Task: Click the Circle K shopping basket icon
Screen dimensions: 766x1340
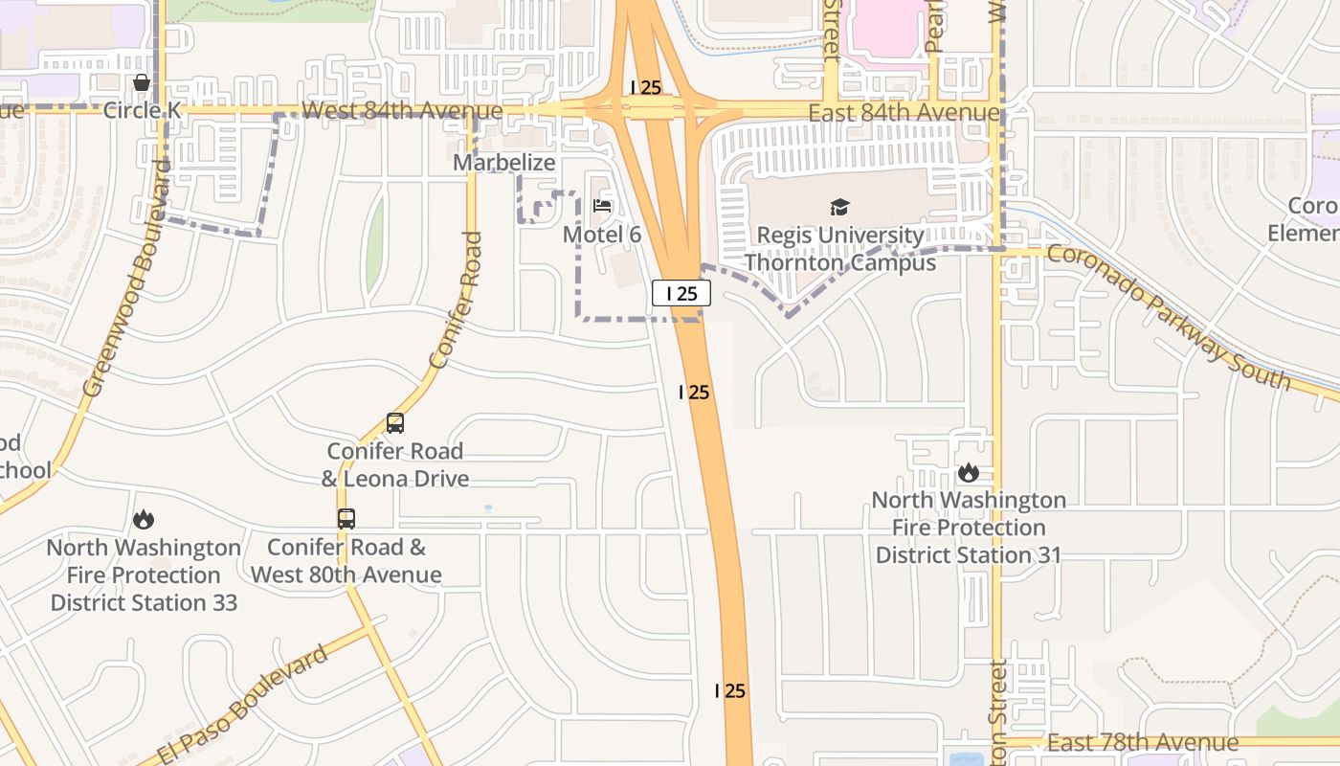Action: tap(142, 83)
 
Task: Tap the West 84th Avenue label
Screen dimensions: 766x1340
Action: tap(401, 111)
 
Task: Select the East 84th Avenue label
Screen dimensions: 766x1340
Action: tap(903, 113)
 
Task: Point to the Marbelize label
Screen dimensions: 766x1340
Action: tap(503, 162)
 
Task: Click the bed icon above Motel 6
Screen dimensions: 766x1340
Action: tap(602, 205)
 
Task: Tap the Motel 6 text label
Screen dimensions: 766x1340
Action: tap(601, 235)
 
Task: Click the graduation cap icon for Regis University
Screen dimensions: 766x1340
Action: tap(839, 207)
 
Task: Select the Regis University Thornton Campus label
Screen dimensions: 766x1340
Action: tap(839, 248)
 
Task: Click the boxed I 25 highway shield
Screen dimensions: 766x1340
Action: tap(681, 293)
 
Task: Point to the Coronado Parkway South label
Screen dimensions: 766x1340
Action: tap(1169, 317)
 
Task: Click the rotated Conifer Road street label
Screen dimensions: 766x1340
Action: tap(456, 300)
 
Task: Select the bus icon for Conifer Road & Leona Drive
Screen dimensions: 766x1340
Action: tap(394, 422)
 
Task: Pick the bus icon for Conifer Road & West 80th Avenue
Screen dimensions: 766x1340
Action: tap(346, 519)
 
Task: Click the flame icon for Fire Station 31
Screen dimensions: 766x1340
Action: tap(968, 472)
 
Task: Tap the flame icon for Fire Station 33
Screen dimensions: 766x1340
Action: tap(144, 519)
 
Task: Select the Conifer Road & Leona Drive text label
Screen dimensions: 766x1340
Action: tap(394, 464)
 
